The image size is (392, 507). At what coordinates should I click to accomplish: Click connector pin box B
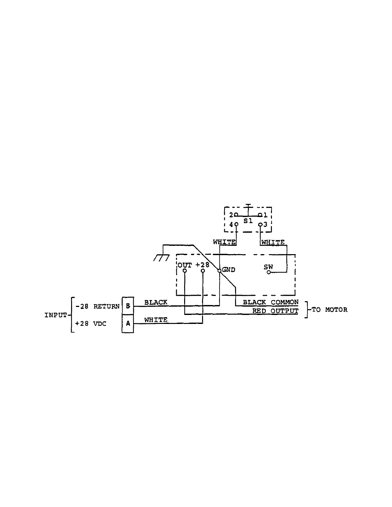[x=128, y=306]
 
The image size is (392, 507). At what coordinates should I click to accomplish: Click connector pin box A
[x=128, y=324]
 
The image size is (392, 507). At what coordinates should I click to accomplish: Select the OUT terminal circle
[x=184, y=271]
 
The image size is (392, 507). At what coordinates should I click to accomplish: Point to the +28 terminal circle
[x=203, y=271]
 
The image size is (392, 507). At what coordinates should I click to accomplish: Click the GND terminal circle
[x=219, y=270]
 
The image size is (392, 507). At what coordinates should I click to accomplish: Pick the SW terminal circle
[x=269, y=272]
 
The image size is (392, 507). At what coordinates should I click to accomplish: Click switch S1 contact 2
[x=236, y=215]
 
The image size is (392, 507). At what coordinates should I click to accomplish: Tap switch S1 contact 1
[x=260, y=215]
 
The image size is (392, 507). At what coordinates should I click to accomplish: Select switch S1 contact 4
[x=236, y=224]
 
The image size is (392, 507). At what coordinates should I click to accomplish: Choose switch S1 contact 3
[x=260, y=224]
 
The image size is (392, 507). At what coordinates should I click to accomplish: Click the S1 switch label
[x=248, y=221]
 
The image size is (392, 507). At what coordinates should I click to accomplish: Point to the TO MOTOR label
[x=329, y=310]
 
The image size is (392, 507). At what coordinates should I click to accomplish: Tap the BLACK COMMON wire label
[x=271, y=302]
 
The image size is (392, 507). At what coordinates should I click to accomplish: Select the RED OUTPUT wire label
[x=275, y=311]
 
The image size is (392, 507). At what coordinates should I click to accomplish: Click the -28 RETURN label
[x=97, y=306]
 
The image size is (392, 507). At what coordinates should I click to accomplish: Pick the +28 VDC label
[x=91, y=324]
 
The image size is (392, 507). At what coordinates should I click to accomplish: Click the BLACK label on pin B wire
[x=156, y=302]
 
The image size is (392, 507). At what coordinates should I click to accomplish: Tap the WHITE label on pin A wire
[x=156, y=320]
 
